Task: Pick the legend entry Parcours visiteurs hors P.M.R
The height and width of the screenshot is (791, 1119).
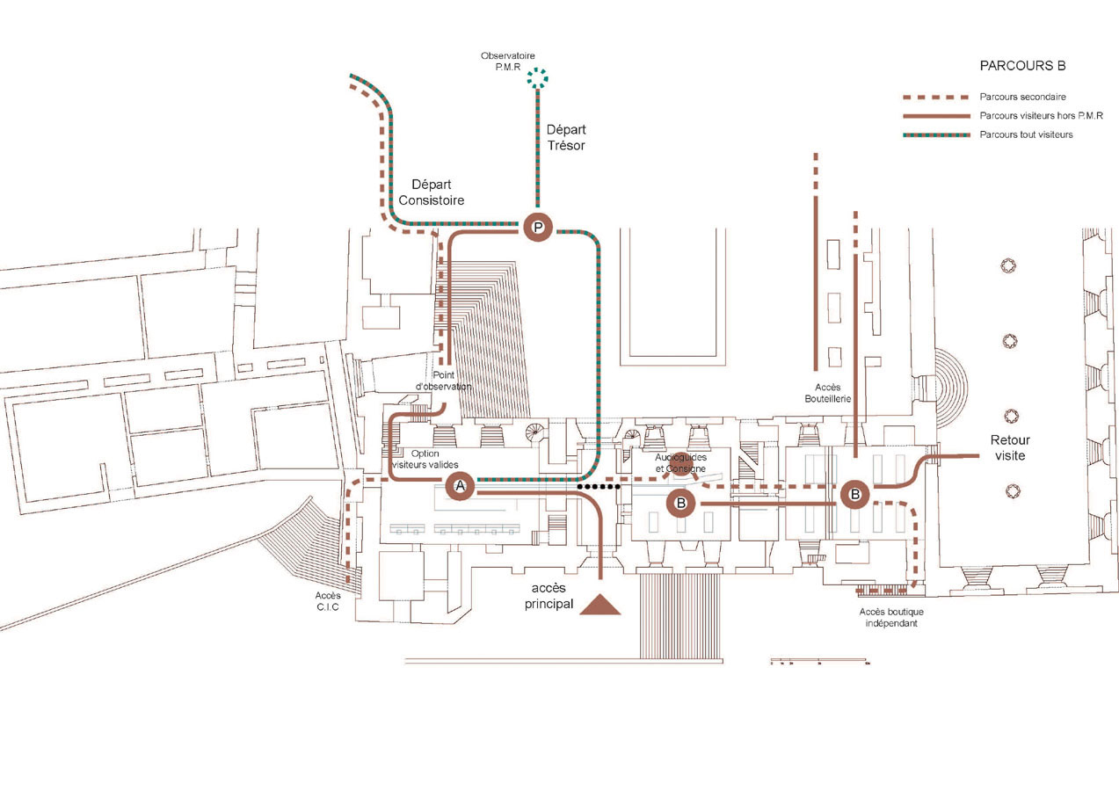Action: pyautogui.click(x=1042, y=115)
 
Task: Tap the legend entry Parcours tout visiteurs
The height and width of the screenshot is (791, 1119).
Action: pyautogui.click(x=1026, y=134)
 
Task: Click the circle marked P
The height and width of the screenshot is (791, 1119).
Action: pyautogui.click(x=538, y=227)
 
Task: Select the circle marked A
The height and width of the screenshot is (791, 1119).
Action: pyautogui.click(x=460, y=486)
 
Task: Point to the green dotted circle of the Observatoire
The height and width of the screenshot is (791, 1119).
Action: pyautogui.click(x=537, y=77)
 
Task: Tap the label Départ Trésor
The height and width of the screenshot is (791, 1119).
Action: pyautogui.click(x=565, y=137)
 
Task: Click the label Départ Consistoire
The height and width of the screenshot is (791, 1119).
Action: pyautogui.click(x=431, y=192)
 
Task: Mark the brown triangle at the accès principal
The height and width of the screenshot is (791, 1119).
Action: pyautogui.click(x=600, y=605)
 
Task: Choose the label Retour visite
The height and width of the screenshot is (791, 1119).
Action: pyautogui.click(x=1009, y=448)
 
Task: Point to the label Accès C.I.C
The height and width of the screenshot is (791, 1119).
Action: pyautogui.click(x=327, y=601)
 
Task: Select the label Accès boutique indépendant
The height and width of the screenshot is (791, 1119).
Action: pyautogui.click(x=891, y=617)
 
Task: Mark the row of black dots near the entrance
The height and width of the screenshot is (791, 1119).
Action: pyautogui.click(x=599, y=486)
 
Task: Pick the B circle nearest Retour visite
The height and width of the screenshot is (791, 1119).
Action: pyautogui.click(x=854, y=495)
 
